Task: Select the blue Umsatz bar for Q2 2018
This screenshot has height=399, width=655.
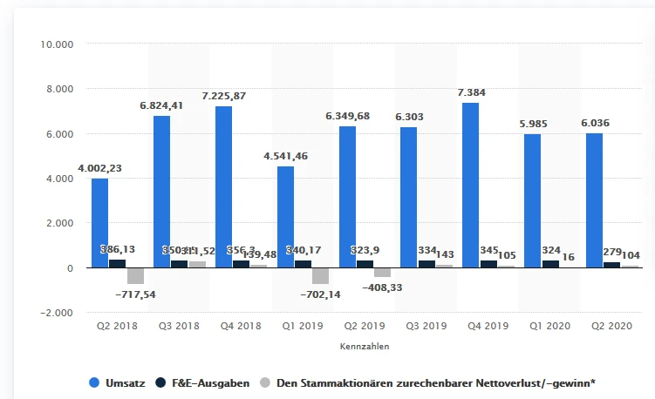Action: pos(99,223)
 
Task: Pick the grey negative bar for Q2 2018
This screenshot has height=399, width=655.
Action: pos(135,275)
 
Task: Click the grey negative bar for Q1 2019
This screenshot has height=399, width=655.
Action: pos(321,275)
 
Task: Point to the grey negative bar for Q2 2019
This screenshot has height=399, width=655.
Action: pos(383,272)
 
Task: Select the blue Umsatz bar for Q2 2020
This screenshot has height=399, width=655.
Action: pos(594,200)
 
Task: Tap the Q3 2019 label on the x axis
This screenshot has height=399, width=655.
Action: pos(425,326)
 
